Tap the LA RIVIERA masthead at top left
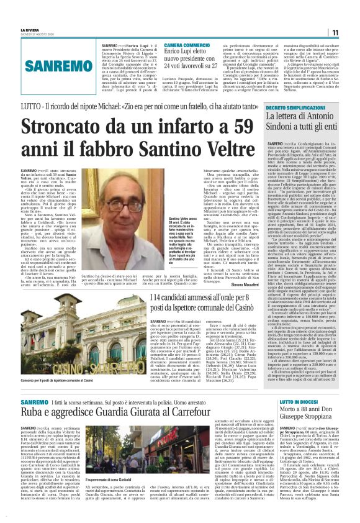[30, 29]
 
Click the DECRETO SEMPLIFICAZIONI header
[295, 107]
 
